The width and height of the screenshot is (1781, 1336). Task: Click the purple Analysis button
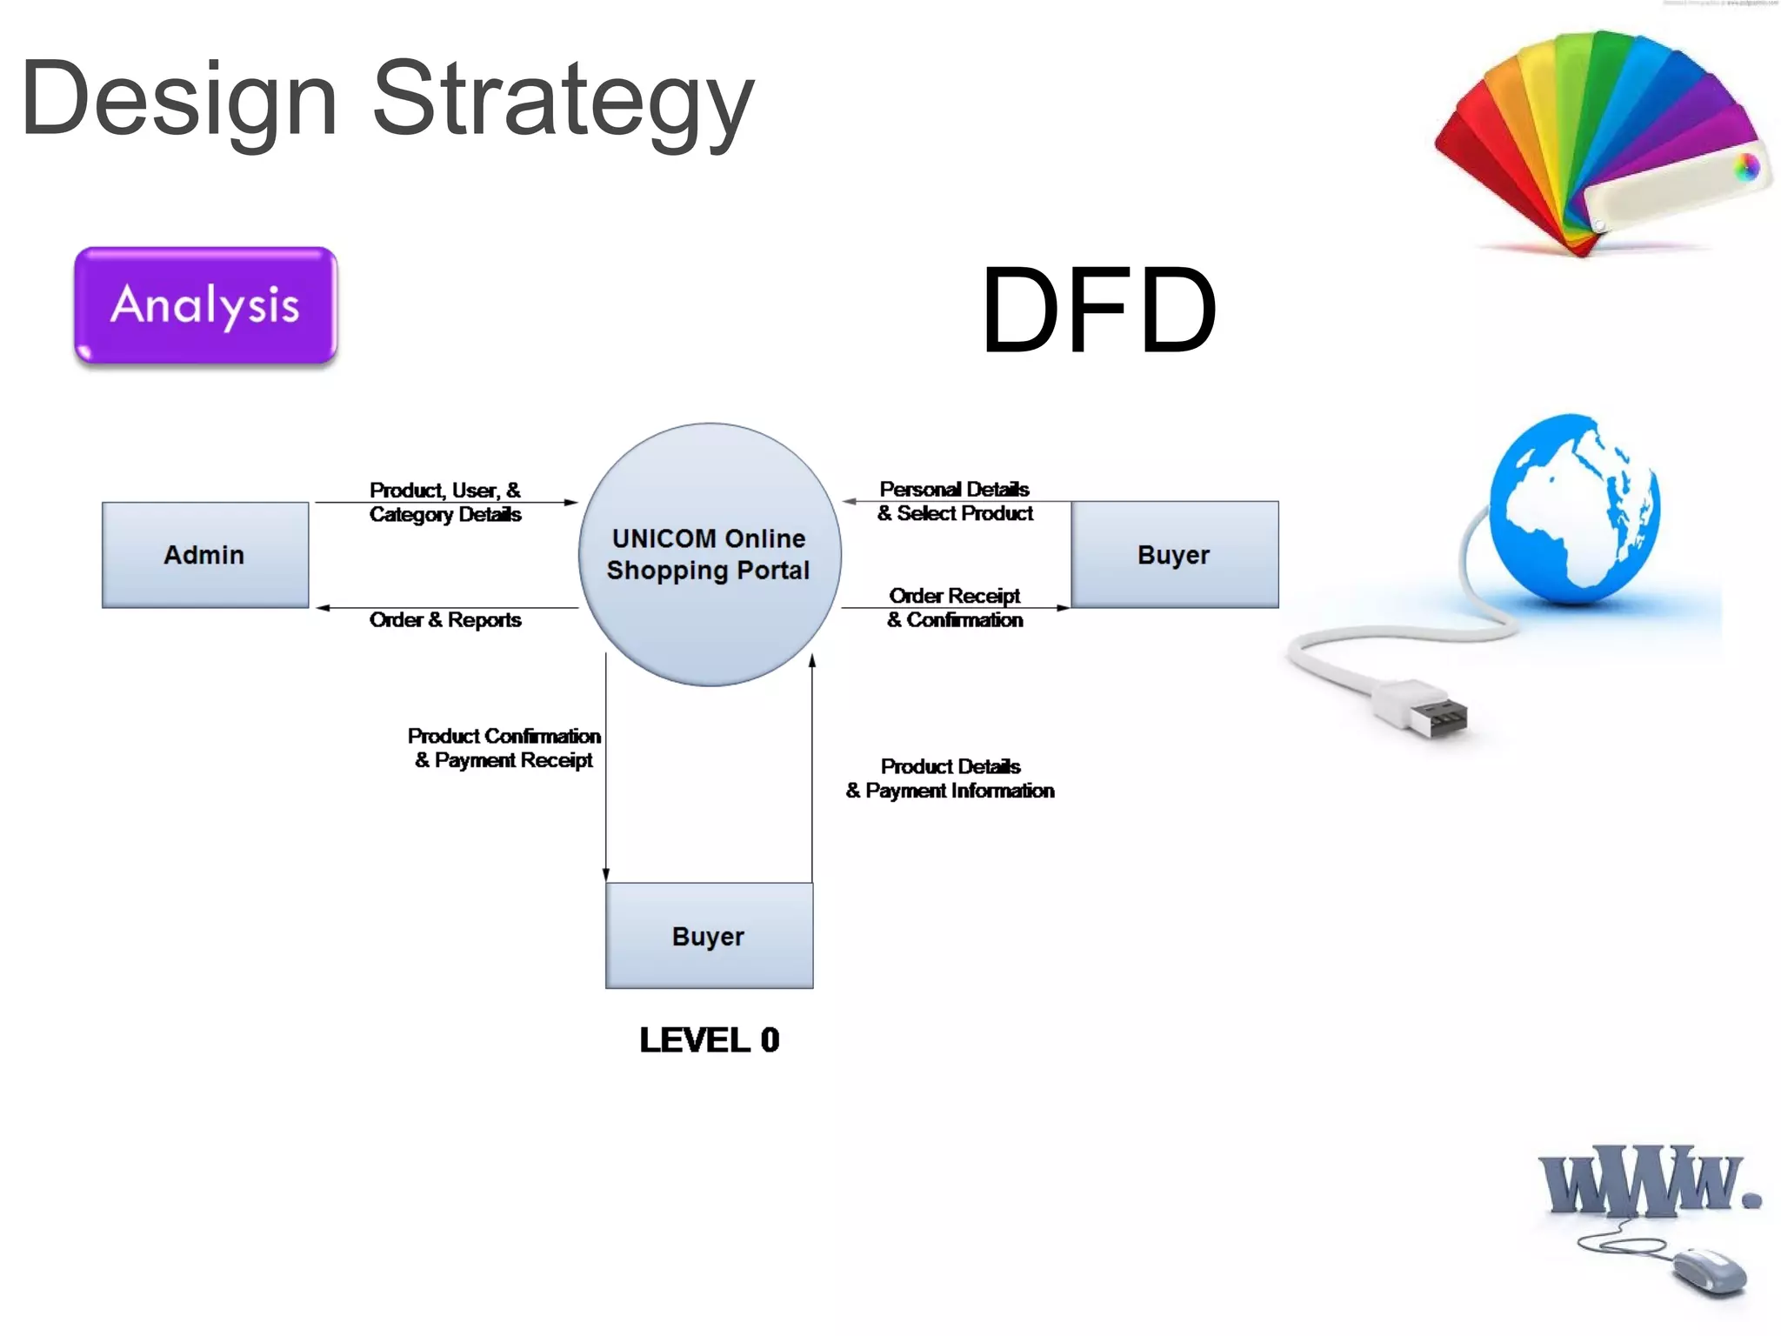205,304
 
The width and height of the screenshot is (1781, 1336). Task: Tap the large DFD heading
1098,311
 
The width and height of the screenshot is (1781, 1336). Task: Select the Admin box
205,555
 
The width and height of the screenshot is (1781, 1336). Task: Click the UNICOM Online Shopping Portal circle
709,554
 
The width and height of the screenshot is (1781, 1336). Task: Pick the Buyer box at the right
1174,555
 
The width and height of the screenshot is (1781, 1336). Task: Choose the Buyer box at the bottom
709,936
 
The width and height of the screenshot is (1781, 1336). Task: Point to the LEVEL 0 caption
709,1040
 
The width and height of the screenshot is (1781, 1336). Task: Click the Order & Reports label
445,620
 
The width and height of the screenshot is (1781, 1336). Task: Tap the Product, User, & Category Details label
445,502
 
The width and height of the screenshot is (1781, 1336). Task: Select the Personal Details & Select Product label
955,501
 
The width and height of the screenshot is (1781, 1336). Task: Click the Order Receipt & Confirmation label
955,608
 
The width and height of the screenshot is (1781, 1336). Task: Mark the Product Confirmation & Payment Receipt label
504,748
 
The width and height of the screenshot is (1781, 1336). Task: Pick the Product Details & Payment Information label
951,778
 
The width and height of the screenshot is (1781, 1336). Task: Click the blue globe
1574,509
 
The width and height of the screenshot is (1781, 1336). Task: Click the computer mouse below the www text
1709,1272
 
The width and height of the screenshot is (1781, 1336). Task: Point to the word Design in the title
179,100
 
